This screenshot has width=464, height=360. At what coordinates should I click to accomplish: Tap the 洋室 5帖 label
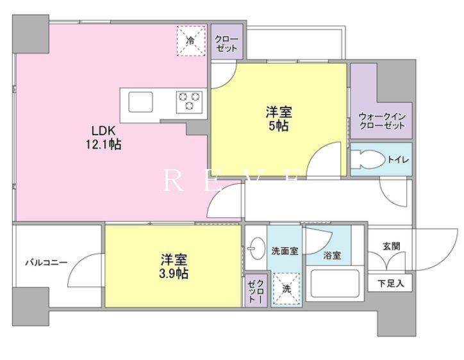click(x=278, y=119)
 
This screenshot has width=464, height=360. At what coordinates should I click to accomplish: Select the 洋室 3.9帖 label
click(x=174, y=267)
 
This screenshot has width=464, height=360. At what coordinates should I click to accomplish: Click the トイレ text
click(x=397, y=160)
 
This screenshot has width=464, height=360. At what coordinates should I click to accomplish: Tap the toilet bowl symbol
click(x=368, y=160)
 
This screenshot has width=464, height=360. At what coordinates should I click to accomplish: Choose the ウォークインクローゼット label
click(x=382, y=122)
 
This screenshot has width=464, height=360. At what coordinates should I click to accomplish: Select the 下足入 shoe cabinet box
click(x=390, y=282)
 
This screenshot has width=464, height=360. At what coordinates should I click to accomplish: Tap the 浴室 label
click(x=332, y=256)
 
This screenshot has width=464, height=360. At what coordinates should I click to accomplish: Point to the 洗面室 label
click(x=285, y=250)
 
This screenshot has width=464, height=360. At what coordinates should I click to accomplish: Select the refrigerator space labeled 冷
click(x=190, y=40)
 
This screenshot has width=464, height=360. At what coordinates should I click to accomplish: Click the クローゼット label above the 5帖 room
click(x=226, y=44)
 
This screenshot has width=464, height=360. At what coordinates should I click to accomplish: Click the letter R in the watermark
click(x=170, y=181)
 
